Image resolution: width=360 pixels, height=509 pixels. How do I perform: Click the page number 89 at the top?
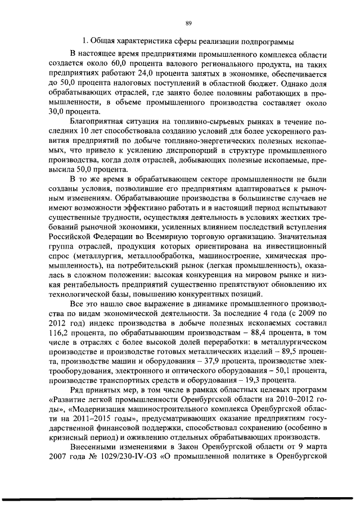tap(188, 23)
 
